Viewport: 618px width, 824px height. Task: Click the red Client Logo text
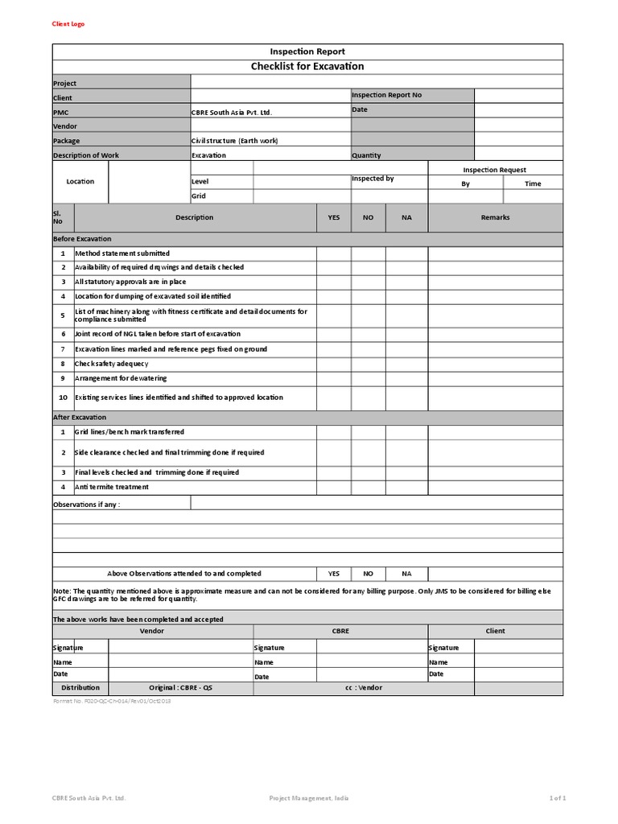68,24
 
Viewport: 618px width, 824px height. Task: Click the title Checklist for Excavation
307,66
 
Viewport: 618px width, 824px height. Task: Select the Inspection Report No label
386,95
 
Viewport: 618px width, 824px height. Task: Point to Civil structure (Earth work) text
234,141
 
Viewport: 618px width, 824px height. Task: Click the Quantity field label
366,155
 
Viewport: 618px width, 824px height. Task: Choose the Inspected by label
373,179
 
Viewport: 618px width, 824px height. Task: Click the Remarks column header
495,217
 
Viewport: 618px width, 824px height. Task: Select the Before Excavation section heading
82,239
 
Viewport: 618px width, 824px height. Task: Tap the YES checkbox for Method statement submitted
333,253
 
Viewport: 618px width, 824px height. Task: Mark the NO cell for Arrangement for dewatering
369,378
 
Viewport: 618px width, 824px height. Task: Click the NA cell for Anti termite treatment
406,487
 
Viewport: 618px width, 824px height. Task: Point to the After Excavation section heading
79,418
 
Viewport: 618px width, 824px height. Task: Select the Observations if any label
86,505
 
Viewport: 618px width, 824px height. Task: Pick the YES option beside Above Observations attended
333,574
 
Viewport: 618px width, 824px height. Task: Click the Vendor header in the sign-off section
152,631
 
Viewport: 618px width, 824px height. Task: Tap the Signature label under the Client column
443,648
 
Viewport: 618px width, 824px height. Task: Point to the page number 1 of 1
558,798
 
